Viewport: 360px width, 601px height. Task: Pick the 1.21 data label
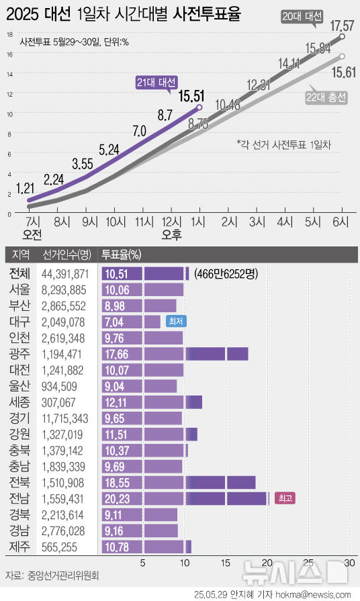[x=26, y=187]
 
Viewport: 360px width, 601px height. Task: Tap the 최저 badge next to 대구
[x=175, y=322]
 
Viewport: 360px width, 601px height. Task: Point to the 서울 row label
[x=19, y=289]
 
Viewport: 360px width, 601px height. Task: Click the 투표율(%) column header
[x=121, y=255]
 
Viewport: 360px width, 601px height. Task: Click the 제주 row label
[x=19, y=547]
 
